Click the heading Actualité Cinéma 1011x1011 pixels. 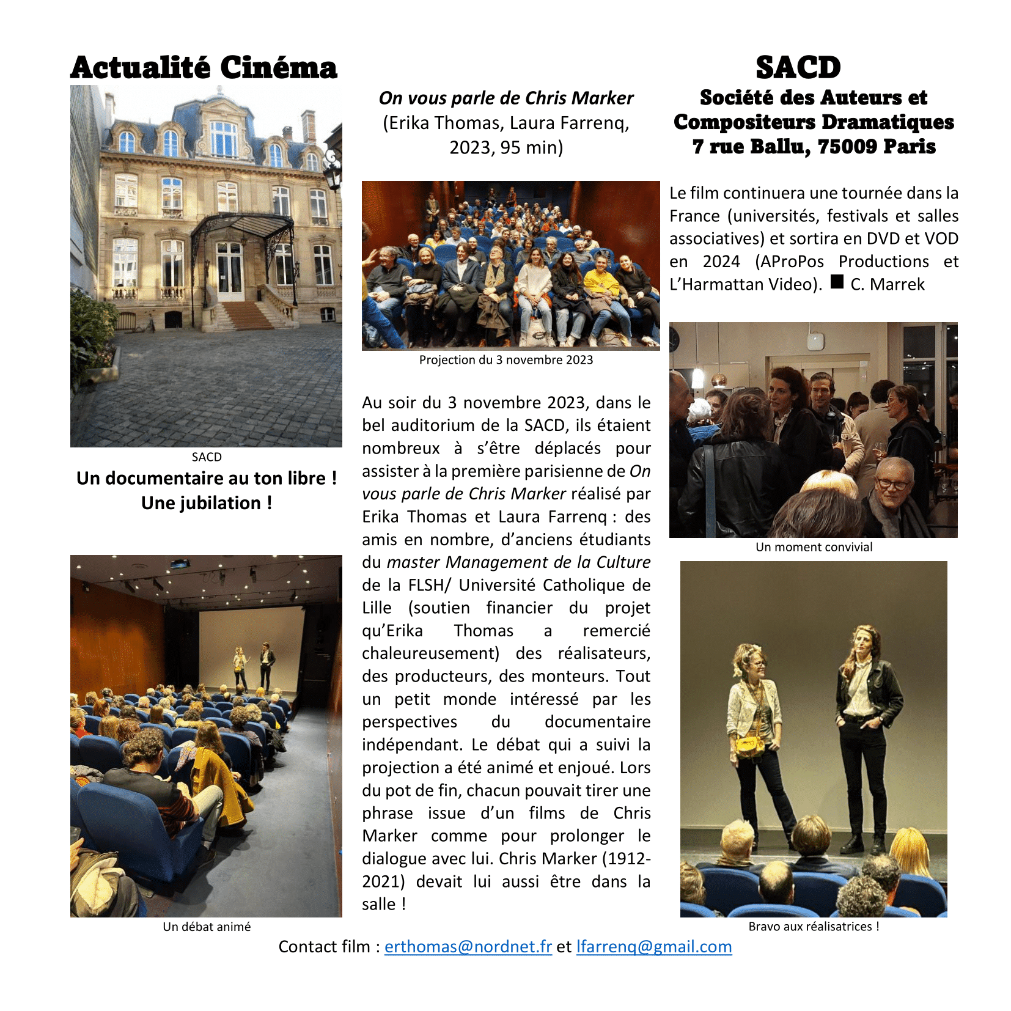point(204,68)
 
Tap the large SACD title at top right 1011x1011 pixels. point(798,68)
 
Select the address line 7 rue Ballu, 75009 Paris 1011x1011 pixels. point(814,147)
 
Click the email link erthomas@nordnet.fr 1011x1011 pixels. point(468,946)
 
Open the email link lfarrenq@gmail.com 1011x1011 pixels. point(653,946)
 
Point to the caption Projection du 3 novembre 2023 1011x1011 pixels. point(505,360)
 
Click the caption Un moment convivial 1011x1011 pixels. point(814,547)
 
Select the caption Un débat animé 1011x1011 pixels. point(207,927)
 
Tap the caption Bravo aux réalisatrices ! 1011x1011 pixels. point(814,927)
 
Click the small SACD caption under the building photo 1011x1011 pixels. point(207,457)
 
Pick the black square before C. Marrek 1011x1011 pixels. point(837,282)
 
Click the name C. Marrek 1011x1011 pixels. point(887,284)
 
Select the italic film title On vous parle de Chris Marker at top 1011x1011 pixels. point(505,98)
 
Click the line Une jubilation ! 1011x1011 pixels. point(207,503)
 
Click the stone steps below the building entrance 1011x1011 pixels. point(244,315)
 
